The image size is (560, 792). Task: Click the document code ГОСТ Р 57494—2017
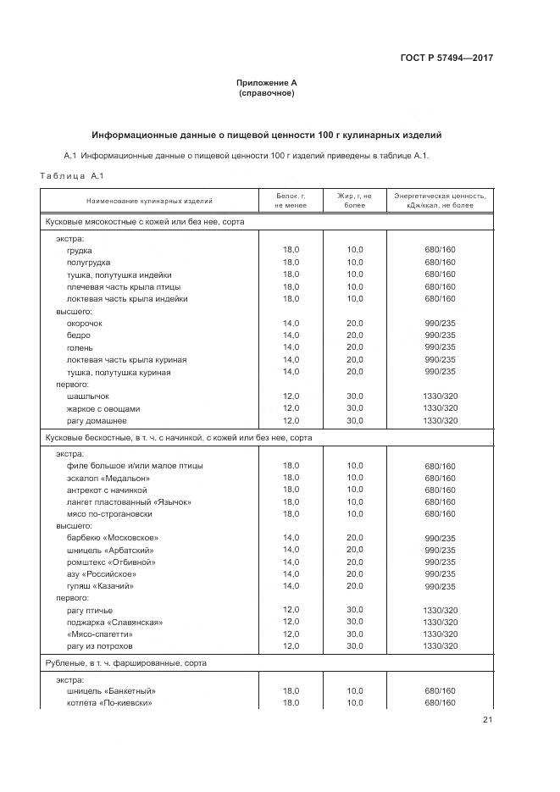coord(446,58)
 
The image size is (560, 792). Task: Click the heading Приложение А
coord(267,83)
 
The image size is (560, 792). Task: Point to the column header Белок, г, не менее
coord(291,201)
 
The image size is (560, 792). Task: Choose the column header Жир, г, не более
coord(354,201)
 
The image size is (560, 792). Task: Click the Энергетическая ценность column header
coord(440,201)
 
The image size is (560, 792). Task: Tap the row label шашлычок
coord(88,396)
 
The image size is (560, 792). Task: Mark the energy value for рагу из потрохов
coord(440,647)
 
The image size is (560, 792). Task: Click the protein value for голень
coord(291,347)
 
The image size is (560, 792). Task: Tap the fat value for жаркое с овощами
coord(354,408)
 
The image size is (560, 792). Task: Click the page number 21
coord(487,720)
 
